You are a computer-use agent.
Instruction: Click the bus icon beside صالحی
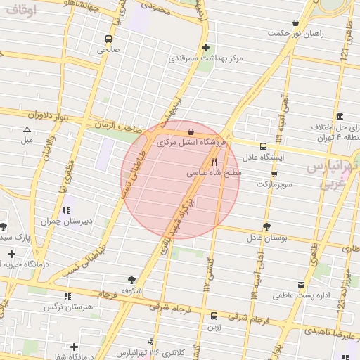108,39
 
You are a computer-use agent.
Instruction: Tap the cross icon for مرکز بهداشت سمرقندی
205,49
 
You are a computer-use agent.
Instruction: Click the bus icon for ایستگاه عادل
263,147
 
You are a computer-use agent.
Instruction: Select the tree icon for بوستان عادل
266,226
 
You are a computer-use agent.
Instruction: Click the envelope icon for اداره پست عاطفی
302,285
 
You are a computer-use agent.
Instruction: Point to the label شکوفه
132,290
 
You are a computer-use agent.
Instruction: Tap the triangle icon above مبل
27,129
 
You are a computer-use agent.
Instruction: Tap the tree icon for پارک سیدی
4,226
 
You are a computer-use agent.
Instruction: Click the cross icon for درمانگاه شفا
74,347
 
